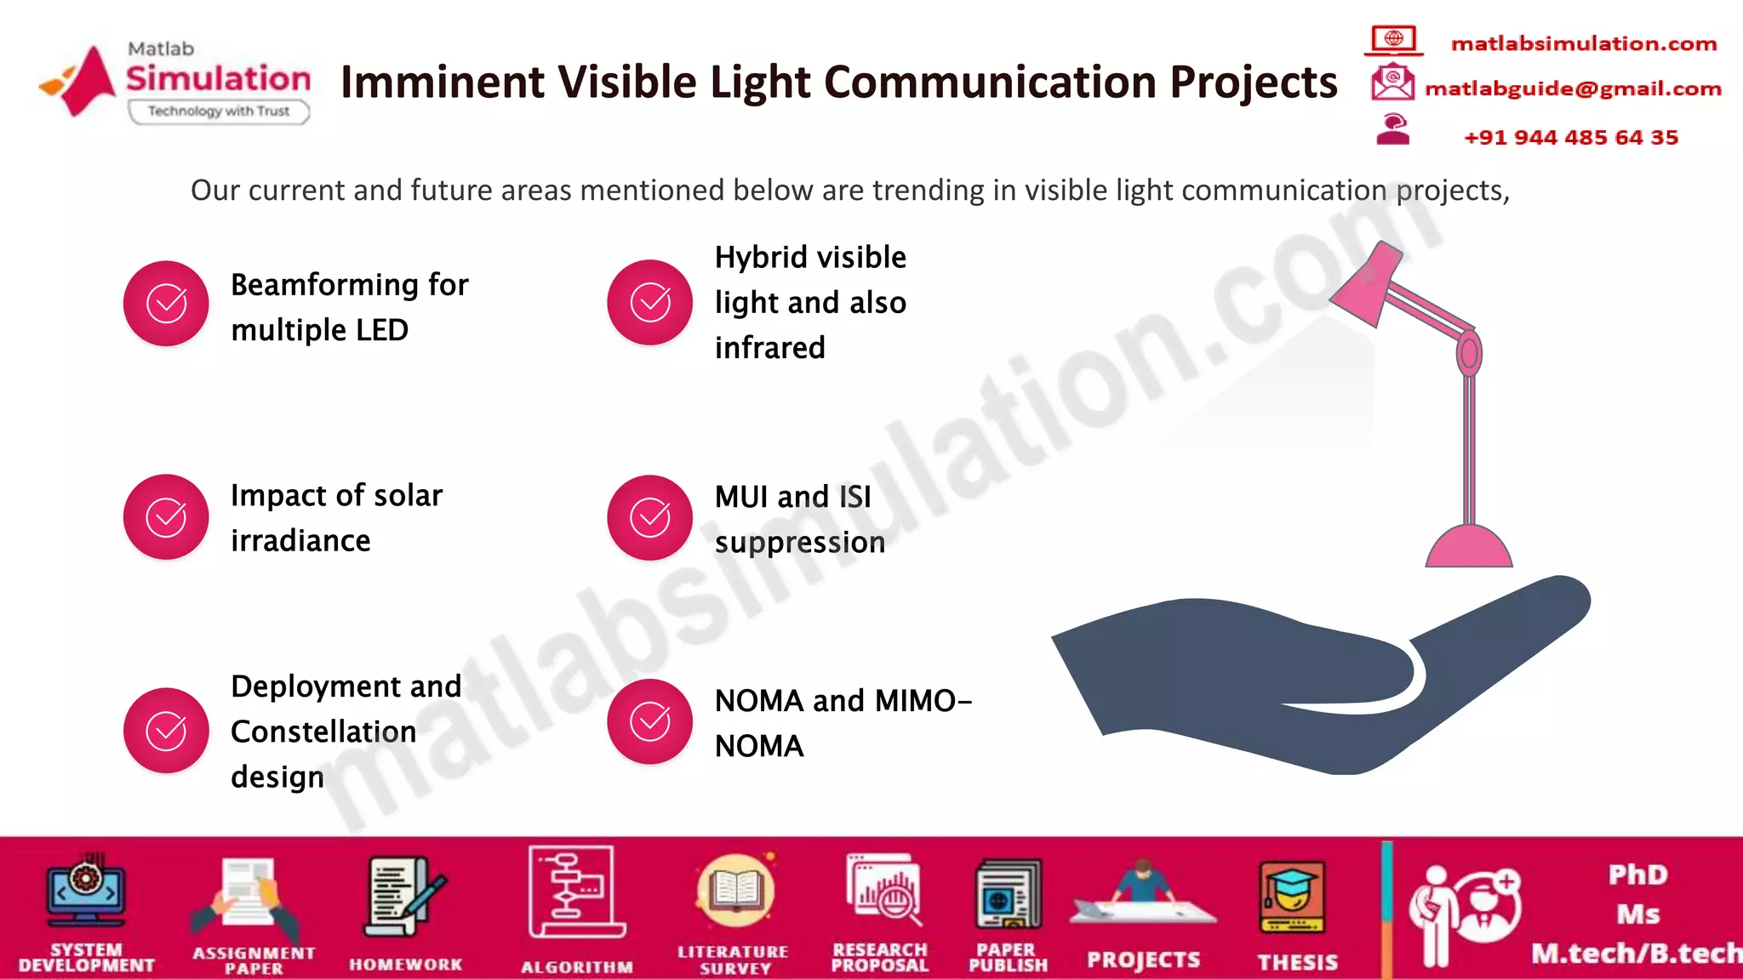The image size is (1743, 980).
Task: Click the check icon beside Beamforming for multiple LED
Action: pyautogui.click(x=166, y=304)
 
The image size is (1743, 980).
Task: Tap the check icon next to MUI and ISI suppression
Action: pyautogui.click(x=649, y=517)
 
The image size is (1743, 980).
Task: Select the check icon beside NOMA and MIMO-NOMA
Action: pyautogui.click(x=649, y=721)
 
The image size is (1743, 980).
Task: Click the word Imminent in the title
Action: pyautogui.click(x=441, y=83)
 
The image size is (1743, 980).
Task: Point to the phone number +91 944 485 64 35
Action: pyautogui.click(x=1570, y=138)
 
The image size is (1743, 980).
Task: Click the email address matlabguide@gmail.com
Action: pyautogui.click(x=1573, y=88)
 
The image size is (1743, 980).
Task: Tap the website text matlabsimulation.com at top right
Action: pyautogui.click(x=1583, y=43)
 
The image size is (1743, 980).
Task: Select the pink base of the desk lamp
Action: pyautogui.click(x=1468, y=548)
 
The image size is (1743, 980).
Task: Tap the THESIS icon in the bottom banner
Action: pyautogui.click(x=1291, y=898)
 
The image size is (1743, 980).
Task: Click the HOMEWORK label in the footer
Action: pyautogui.click(x=405, y=965)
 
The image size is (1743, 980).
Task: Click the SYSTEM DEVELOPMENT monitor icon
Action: pyautogui.click(x=86, y=892)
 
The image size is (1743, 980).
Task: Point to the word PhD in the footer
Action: pyautogui.click(x=1637, y=875)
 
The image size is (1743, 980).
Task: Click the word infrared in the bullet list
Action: pyautogui.click(x=769, y=348)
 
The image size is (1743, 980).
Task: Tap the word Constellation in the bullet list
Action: pyautogui.click(x=323, y=732)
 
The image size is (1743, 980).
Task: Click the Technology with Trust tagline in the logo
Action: pyautogui.click(x=219, y=111)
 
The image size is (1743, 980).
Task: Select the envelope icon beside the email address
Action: pyautogui.click(x=1392, y=83)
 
